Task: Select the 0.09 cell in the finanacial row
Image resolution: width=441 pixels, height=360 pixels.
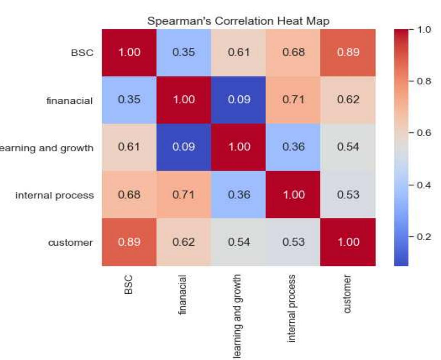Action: tap(238, 100)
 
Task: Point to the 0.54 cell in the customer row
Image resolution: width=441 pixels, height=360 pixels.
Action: tap(238, 242)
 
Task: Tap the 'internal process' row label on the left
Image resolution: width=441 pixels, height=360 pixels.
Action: tap(55, 195)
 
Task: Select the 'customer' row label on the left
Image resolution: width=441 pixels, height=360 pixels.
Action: tap(71, 243)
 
